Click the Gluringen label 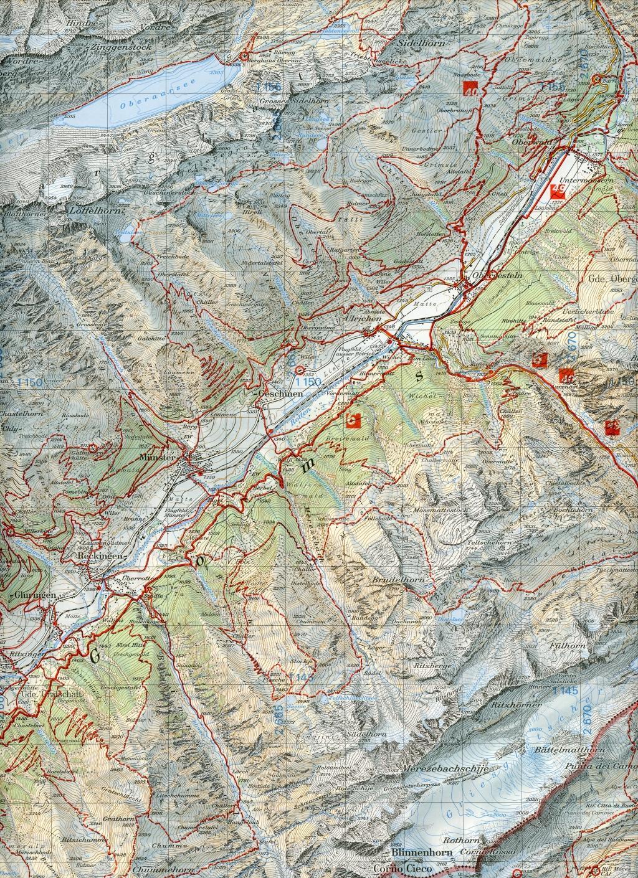[x=34, y=595]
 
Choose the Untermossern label [x=589, y=179]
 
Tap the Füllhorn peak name [x=568, y=647]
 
